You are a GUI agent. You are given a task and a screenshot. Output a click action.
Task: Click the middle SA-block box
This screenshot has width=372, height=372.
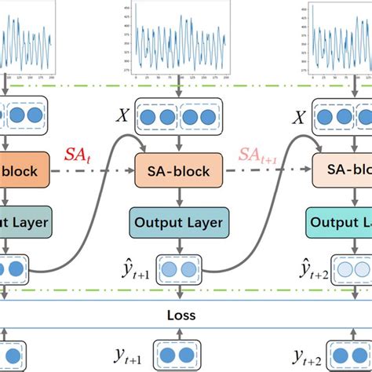point(173,170)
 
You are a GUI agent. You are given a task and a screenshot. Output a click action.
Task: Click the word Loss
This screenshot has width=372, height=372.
point(182,317)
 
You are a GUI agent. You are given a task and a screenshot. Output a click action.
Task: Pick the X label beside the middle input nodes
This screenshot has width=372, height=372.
point(122,116)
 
